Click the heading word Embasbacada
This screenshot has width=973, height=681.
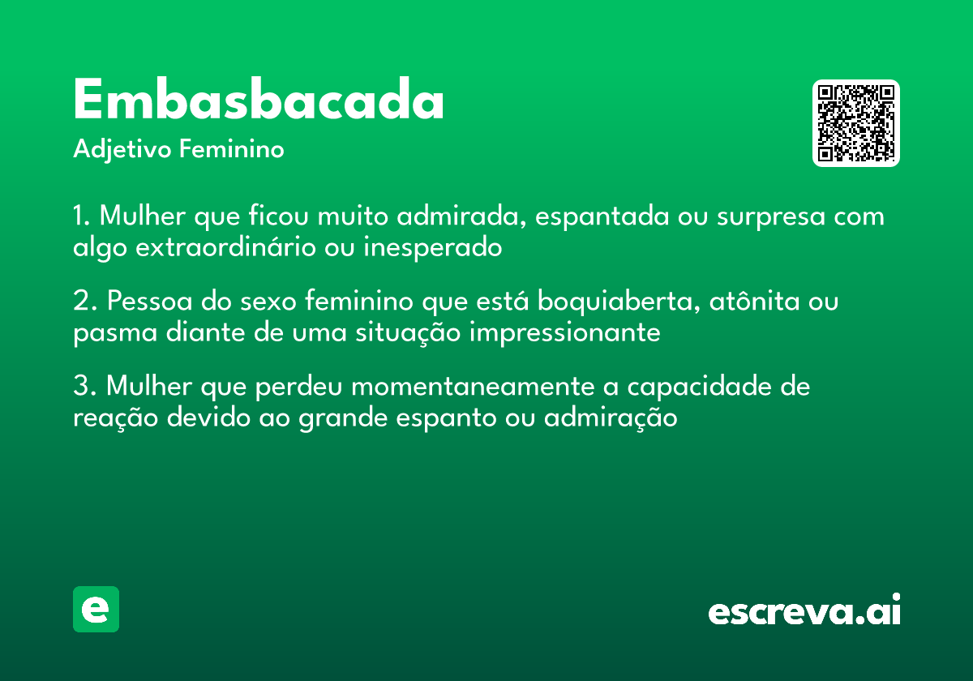click(259, 102)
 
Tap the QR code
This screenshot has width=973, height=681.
click(856, 123)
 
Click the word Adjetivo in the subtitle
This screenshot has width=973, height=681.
click(122, 150)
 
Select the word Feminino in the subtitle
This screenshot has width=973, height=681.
click(232, 150)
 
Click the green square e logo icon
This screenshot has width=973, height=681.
click(96, 609)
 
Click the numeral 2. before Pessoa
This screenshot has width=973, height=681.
click(84, 302)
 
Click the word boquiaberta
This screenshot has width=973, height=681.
click(607, 302)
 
